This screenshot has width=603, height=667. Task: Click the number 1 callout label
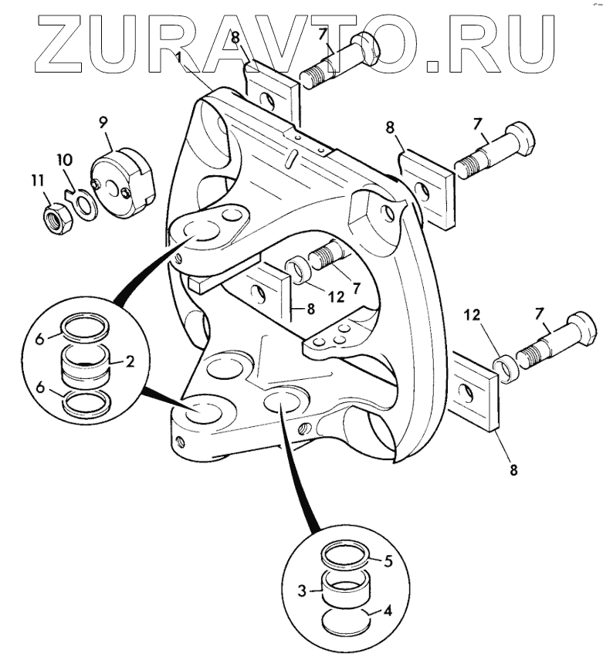click(x=179, y=58)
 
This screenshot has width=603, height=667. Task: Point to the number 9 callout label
click(x=102, y=121)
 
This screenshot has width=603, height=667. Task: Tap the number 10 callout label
click(x=64, y=160)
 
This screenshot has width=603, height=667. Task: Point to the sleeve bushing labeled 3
click(x=344, y=594)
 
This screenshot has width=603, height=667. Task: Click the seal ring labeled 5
click(x=345, y=556)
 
